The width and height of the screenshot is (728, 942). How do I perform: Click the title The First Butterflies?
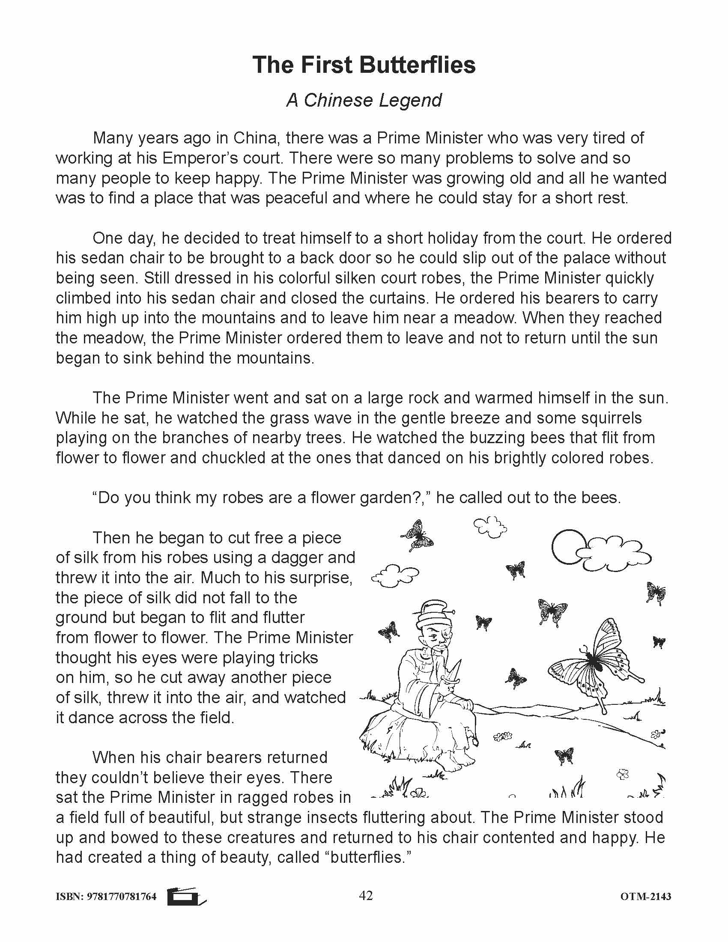tap(364, 65)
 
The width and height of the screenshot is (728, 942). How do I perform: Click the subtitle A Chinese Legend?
tap(364, 101)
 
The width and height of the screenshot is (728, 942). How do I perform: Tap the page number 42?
tap(365, 896)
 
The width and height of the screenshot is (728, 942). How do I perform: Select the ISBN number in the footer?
tap(106, 897)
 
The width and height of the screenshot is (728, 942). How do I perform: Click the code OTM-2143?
tap(646, 897)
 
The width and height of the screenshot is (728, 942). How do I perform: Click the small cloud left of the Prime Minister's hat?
tap(395, 575)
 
